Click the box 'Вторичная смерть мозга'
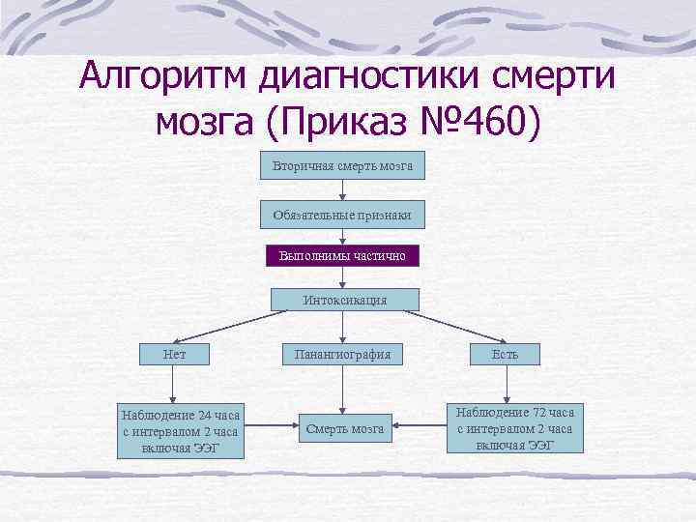coord(343,166)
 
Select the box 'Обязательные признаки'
coord(343,215)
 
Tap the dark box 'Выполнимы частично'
coord(343,256)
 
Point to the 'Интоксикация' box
coord(344,300)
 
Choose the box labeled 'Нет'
coord(175,354)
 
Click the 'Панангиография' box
coord(343,354)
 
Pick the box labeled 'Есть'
coord(505,354)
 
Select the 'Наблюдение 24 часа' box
coord(180,430)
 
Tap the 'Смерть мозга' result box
coord(344,428)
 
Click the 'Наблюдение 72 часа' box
coord(515,427)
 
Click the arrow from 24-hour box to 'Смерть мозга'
coord(270,428)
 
